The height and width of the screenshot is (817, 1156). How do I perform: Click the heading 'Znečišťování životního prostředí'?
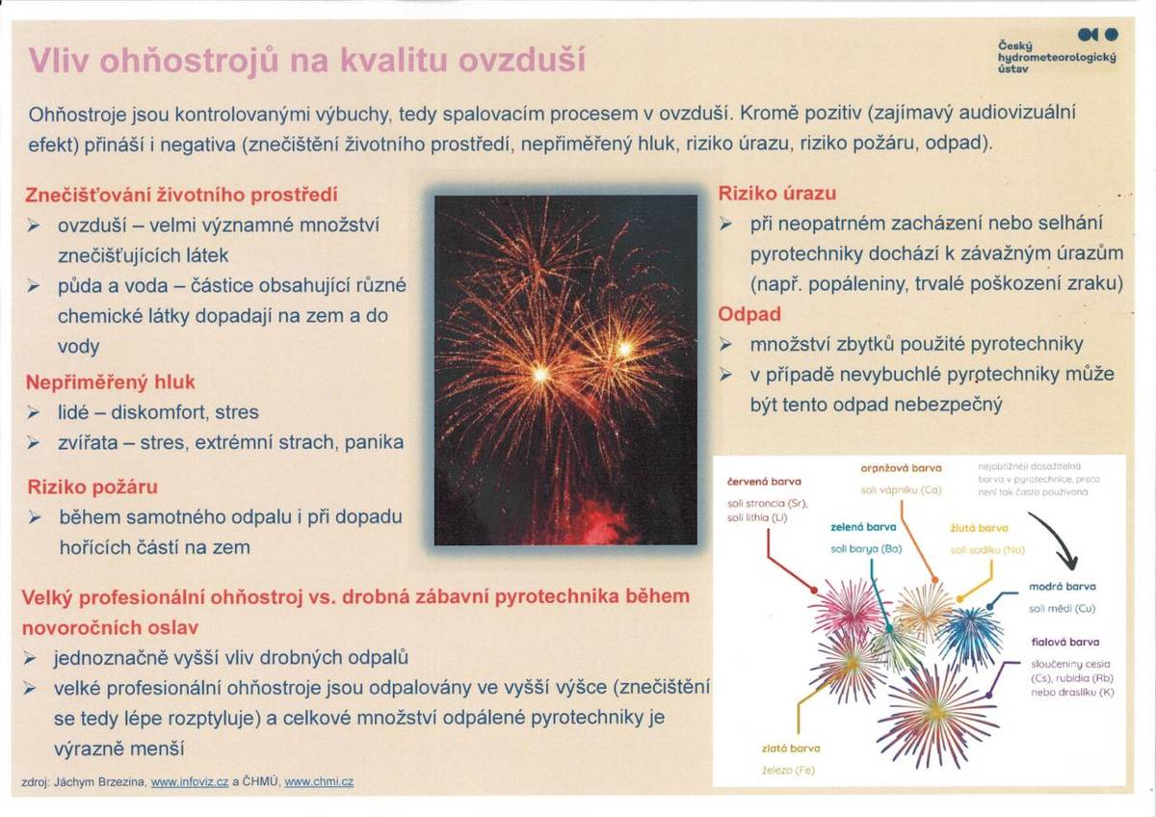tap(181, 195)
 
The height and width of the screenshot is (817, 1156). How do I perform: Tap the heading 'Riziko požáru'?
tap(92, 487)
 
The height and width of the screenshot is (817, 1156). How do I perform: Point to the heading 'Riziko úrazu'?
tap(777, 193)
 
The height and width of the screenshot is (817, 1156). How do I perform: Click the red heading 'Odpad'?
tap(749, 314)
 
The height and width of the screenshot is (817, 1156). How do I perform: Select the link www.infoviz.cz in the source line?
tap(190, 782)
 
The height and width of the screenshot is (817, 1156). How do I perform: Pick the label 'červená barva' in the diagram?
tap(764, 481)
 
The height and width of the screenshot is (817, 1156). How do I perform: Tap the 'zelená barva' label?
tap(863, 528)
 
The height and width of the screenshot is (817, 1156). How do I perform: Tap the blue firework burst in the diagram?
tap(970, 636)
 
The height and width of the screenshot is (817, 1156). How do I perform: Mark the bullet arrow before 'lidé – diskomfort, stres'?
tap(34, 412)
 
